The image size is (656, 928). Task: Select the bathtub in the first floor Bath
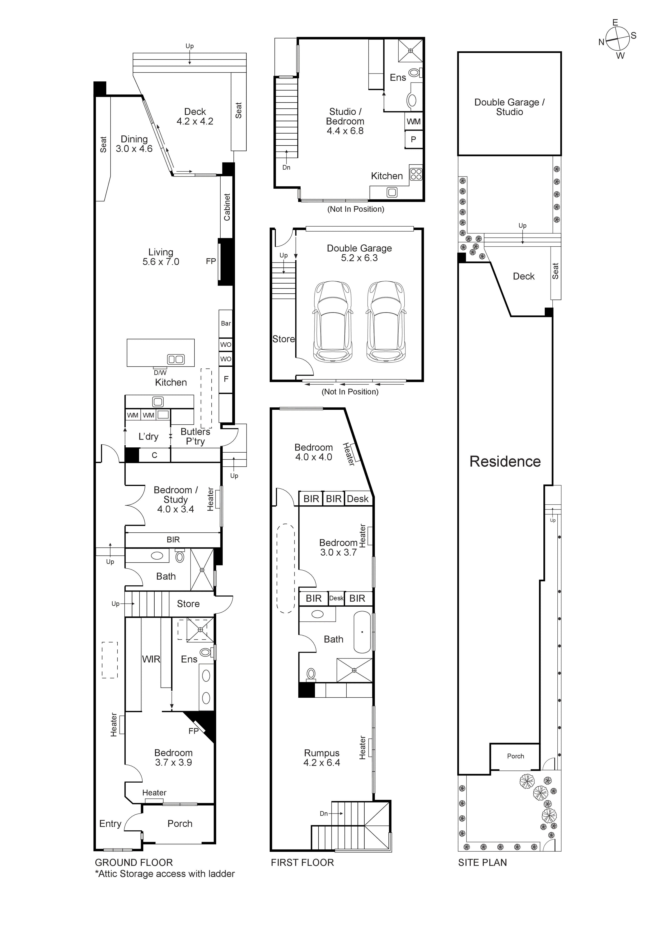[362, 632]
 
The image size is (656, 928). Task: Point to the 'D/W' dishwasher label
[160, 373]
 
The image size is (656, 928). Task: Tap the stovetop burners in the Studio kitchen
[416, 174]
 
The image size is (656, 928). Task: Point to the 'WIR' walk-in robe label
[151, 659]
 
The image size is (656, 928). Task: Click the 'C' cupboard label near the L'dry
[154, 455]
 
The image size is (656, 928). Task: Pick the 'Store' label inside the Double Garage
[283, 339]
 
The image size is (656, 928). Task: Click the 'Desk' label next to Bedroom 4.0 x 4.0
[358, 499]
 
